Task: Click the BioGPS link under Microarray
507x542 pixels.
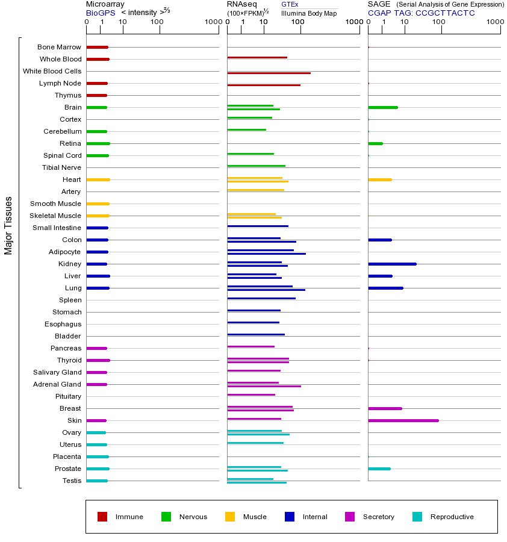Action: pyautogui.click(x=100, y=13)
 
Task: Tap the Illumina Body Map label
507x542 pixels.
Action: pyautogui.click(x=309, y=13)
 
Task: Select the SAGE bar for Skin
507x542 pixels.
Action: pyautogui.click(x=403, y=420)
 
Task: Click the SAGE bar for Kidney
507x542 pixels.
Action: pyautogui.click(x=392, y=264)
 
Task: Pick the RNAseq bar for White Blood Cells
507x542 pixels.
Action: pyautogui.click(x=269, y=73)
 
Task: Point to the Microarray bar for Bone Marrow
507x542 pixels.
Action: pyautogui.click(x=97, y=47)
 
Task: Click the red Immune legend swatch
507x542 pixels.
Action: pyautogui.click(x=102, y=516)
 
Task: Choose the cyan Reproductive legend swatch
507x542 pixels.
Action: pyautogui.click(x=417, y=516)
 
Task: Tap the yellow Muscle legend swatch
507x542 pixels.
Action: pyautogui.click(x=230, y=516)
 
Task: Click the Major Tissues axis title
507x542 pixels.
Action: pyautogui.click(x=8, y=225)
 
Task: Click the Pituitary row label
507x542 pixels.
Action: pyautogui.click(x=68, y=396)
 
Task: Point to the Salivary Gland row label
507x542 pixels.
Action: pyautogui.click(x=57, y=372)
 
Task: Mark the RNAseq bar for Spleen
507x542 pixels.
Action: pyautogui.click(x=261, y=298)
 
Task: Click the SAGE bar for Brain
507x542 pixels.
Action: pyautogui.click(x=382, y=107)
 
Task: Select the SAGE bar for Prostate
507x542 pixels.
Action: pyautogui.click(x=379, y=469)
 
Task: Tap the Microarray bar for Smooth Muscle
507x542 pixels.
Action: pyautogui.click(x=98, y=204)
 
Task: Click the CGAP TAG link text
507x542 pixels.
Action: pyautogui.click(x=421, y=13)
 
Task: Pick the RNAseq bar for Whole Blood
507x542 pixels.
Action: pyautogui.click(x=257, y=57)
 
